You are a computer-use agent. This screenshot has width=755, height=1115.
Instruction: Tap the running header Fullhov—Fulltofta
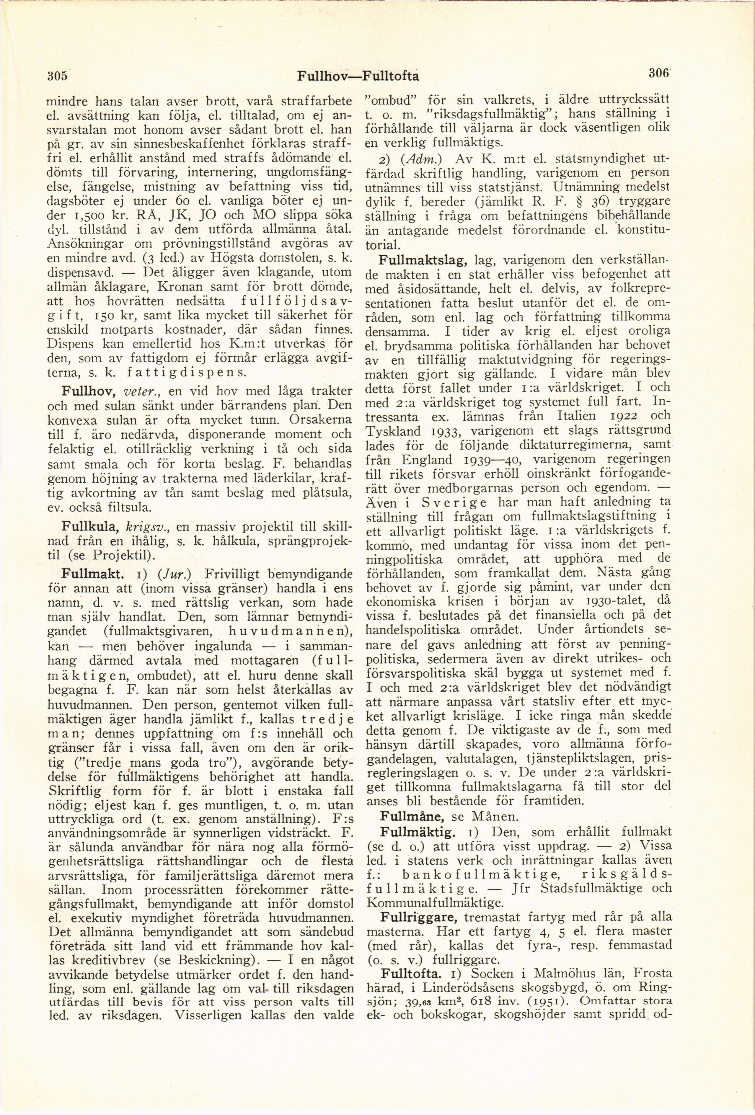coord(358,76)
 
